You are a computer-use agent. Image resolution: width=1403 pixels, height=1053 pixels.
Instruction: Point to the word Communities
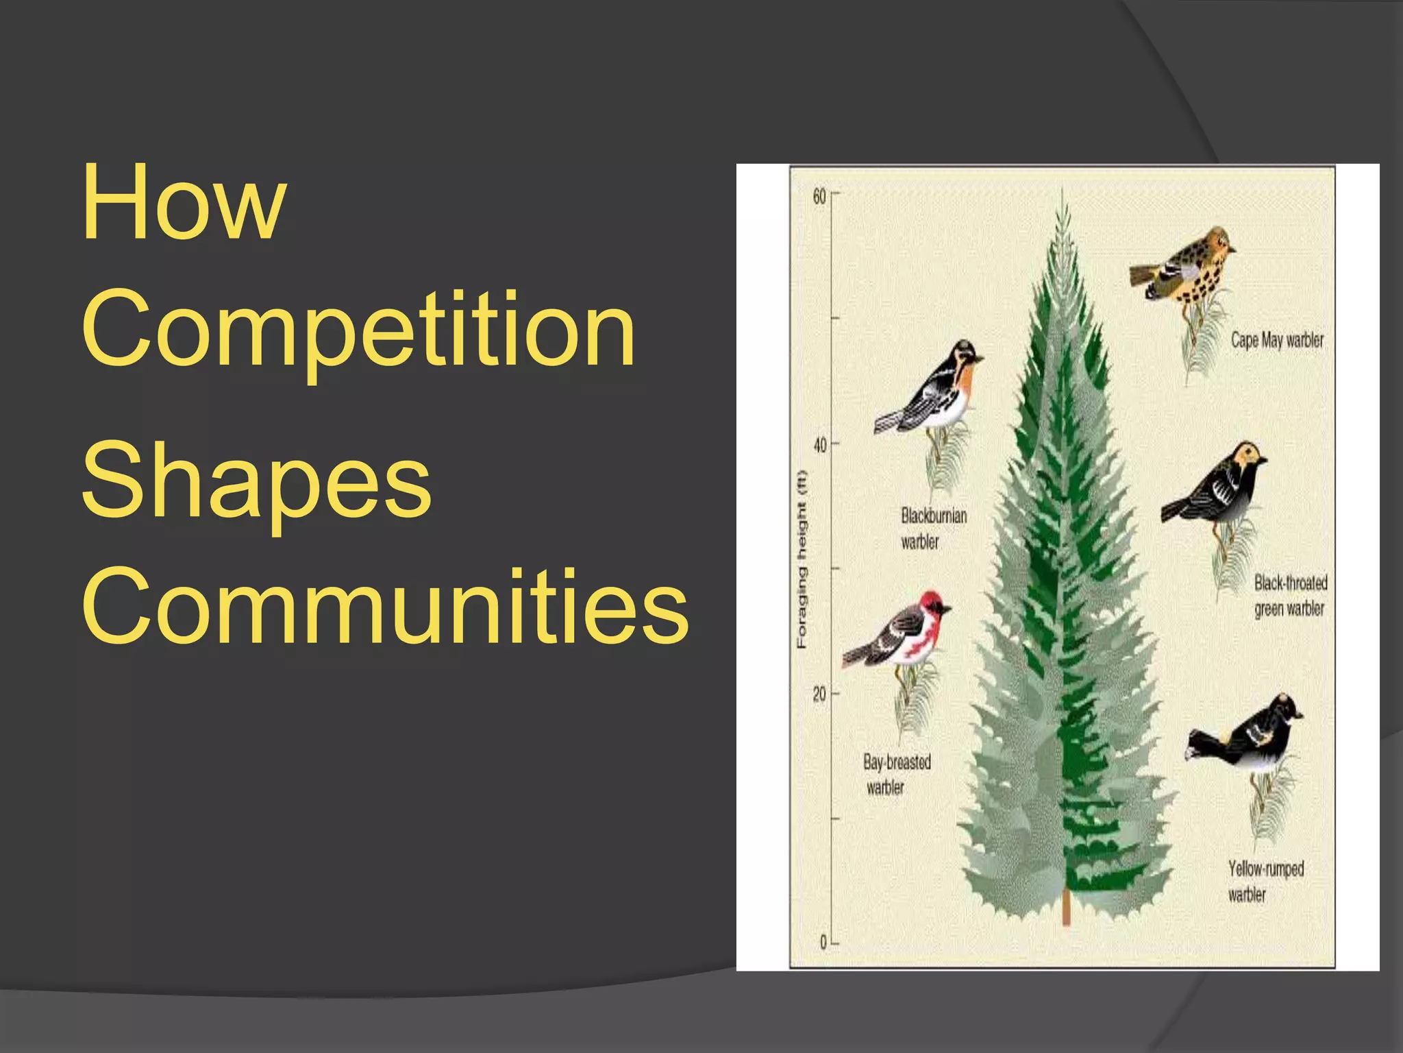tap(384, 607)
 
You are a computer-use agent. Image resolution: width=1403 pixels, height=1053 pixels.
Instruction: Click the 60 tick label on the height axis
tap(819, 196)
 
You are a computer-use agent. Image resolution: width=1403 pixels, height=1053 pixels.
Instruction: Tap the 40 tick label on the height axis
tap(819, 446)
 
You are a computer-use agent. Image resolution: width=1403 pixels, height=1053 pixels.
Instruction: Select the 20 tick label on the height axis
tap(819, 694)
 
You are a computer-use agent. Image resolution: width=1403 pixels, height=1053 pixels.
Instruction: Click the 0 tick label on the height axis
tap(823, 943)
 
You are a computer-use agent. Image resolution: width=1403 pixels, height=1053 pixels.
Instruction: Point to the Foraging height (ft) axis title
tap(802, 559)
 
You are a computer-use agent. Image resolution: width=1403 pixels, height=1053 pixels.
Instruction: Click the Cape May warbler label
tap(1276, 340)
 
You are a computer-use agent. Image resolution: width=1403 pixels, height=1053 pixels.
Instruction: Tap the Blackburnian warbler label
tap(933, 528)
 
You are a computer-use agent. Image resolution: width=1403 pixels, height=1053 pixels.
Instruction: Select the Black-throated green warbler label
tap(1290, 595)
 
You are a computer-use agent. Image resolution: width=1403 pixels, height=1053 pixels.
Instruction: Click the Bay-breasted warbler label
tap(896, 775)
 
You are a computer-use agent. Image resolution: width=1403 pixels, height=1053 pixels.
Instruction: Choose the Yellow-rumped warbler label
tap(1265, 881)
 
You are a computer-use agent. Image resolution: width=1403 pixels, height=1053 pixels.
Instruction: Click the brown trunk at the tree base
tap(1066, 906)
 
